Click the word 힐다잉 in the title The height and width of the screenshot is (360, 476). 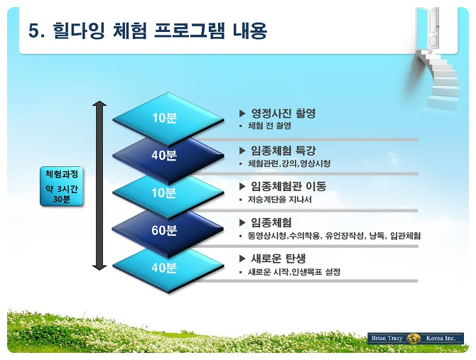tap(79, 31)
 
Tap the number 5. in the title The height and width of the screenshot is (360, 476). tap(37, 31)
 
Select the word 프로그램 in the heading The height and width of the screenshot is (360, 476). tap(190, 31)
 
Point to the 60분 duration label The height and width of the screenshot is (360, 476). tap(164, 231)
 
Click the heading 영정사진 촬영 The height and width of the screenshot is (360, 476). tap(283, 114)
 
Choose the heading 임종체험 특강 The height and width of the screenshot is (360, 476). tap(283, 151)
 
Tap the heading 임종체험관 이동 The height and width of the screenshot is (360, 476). tap(288, 186)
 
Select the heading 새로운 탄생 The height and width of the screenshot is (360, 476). tap(278, 258)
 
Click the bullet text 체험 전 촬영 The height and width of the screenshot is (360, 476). tap(269, 126)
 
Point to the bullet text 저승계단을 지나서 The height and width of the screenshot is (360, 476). tap(280, 200)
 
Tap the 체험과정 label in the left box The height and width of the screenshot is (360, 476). tap(62, 174)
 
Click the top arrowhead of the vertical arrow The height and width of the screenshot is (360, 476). tap(99, 104)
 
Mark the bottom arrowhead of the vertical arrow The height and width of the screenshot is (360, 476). tap(99, 267)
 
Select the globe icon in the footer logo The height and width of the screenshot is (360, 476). tap(413, 338)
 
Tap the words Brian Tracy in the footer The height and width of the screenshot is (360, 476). tap(386, 338)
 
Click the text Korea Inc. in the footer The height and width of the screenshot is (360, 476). tap(441, 338)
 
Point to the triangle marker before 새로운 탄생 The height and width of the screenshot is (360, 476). tap(242, 258)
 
